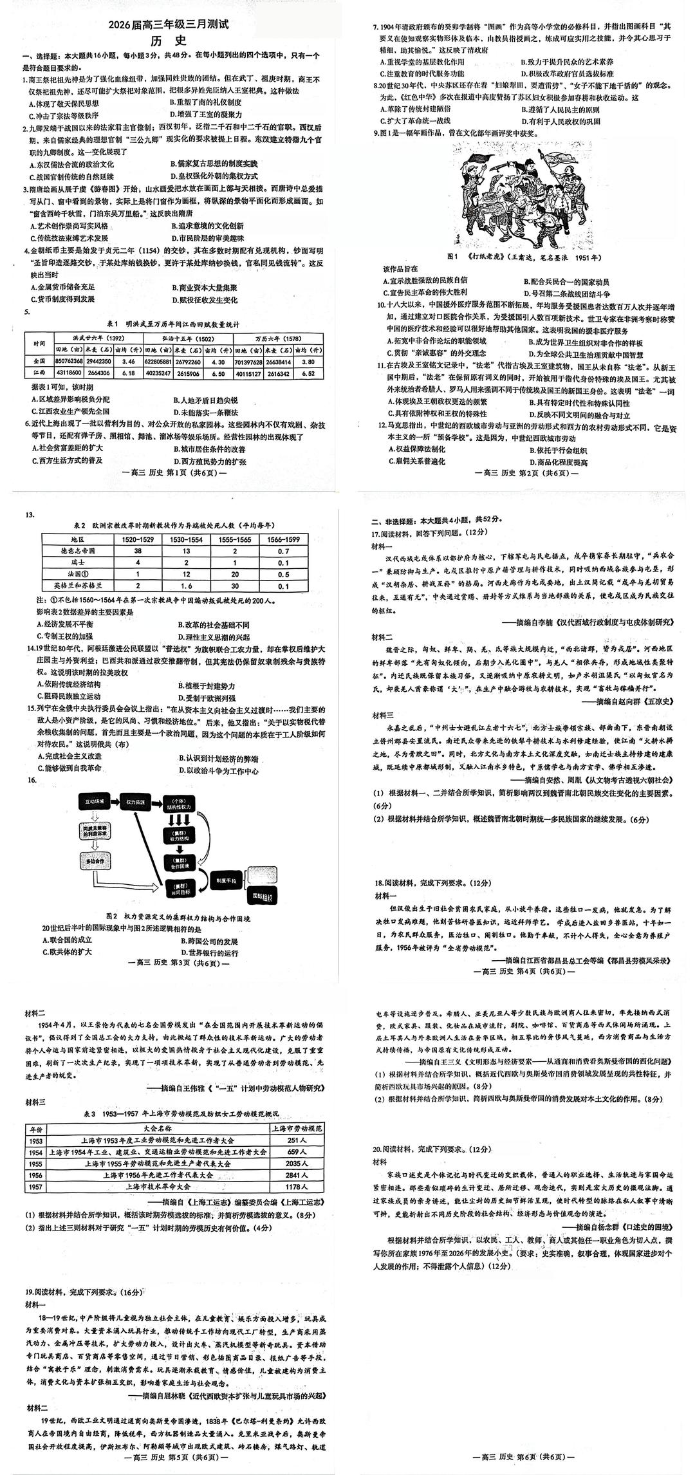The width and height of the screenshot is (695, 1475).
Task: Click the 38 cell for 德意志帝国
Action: [138, 552]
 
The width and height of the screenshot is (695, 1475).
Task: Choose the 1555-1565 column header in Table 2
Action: [236, 539]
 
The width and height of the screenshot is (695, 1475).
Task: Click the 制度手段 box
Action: [226, 880]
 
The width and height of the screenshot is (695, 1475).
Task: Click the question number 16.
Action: [30, 780]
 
